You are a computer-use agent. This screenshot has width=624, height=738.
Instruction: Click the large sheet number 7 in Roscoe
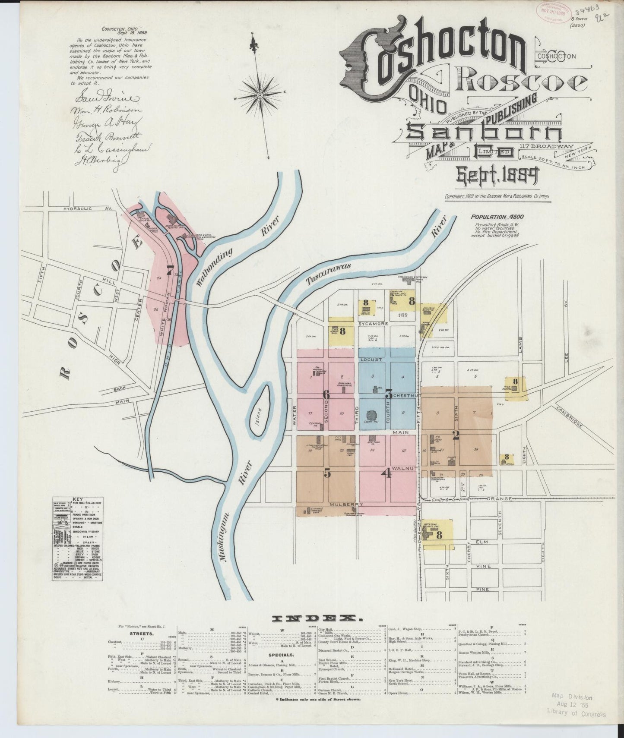pos(171,270)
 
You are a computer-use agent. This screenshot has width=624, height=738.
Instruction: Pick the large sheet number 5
pos(327,473)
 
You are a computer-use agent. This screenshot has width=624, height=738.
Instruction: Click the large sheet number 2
pos(455,435)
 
